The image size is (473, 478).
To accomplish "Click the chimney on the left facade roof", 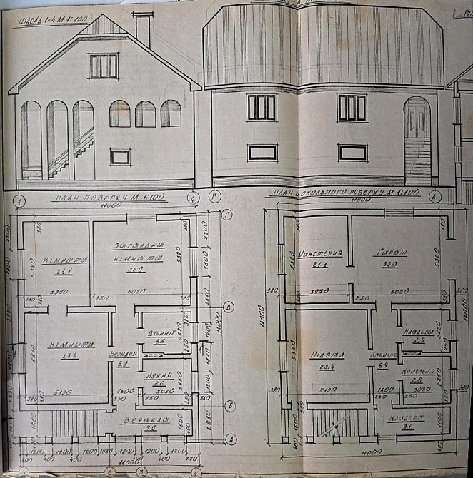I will [143, 29].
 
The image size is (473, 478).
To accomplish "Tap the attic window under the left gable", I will [104, 66].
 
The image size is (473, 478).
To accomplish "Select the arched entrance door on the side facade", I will [417, 141].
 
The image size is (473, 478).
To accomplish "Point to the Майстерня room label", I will [321, 254].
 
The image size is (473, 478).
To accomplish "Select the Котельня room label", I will [417, 372].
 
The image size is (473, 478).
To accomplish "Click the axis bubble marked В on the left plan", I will [227, 307].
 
